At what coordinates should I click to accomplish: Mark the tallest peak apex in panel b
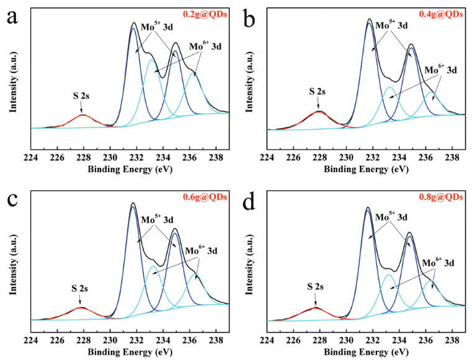click(370, 19)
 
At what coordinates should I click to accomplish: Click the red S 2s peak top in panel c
click(80, 307)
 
